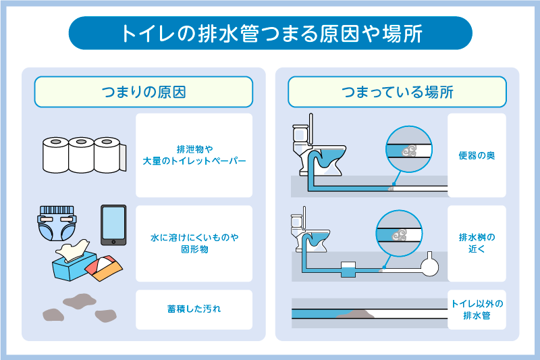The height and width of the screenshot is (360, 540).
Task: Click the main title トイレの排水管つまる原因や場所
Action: pyautogui.click(x=270, y=33)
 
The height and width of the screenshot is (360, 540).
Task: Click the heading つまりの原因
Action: pyautogui.click(x=143, y=92)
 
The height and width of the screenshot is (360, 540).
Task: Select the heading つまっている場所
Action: pyautogui.click(x=397, y=92)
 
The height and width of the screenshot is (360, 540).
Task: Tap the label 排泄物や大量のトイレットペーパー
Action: pyautogui.click(x=194, y=155)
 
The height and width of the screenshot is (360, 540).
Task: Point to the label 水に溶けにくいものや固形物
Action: pyautogui.click(x=194, y=244)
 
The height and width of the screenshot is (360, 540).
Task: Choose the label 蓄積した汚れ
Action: pyautogui.click(x=194, y=309)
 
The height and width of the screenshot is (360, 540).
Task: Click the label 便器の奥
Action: pyautogui.click(x=477, y=155)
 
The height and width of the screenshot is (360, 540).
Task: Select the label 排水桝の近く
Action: pyautogui.click(x=477, y=244)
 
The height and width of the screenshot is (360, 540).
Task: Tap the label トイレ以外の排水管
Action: pyautogui.click(x=477, y=309)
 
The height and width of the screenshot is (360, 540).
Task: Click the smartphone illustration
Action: pyautogui.click(x=113, y=225)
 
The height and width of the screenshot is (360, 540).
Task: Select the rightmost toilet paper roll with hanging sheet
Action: pyautogui.click(x=109, y=155)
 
